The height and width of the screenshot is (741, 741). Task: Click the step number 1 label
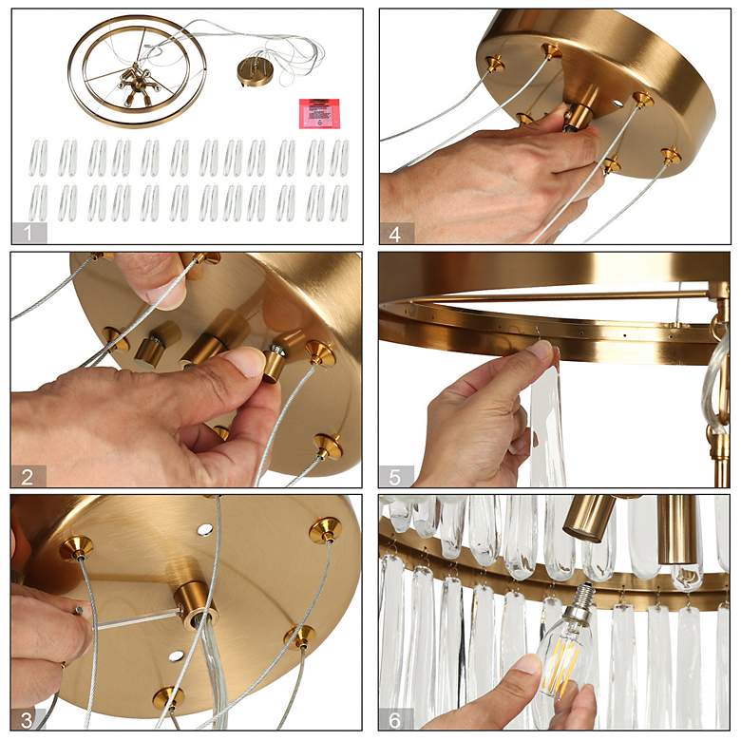(28, 233)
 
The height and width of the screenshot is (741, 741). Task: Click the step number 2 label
(28, 477)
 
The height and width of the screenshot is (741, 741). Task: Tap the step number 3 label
(27, 720)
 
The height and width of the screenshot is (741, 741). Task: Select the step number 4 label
(395, 234)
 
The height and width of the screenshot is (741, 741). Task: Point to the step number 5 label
(395, 477)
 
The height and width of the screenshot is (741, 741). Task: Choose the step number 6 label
(394, 720)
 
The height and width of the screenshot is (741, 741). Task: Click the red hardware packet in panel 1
(319, 113)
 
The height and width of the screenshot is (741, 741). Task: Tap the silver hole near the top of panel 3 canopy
(205, 529)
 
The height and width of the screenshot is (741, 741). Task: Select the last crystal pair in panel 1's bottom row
(339, 202)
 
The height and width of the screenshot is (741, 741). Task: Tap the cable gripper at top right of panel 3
(325, 529)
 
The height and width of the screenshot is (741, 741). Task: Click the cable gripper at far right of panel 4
(670, 155)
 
